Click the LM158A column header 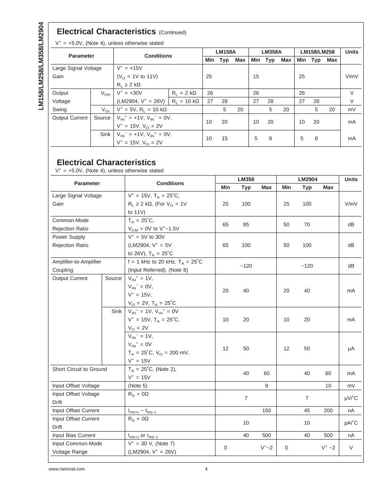pyautogui.click(x=225, y=52)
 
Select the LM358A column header pyautogui.click(x=272, y=52)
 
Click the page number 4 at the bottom pyautogui.click(x=206, y=469)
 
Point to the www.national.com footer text pyautogui.click(x=66, y=469)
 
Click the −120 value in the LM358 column pyautogui.click(x=246, y=266)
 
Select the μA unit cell pyautogui.click(x=351, y=349)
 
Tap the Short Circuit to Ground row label pyautogui.click(x=80, y=369)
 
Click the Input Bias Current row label pyautogui.click(x=73, y=435)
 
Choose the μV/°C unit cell pyautogui.click(x=351, y=398)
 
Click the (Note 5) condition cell pyautogui.click(x=137, y=385)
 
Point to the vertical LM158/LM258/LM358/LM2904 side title pyautogui.click(x=41, y=66)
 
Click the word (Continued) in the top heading pyautogui.click(x=173, y=32)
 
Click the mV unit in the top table pyautogui.click(x=352, y=109)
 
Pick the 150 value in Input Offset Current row pyautogui.click(x=266, y=410)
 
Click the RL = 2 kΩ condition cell pyautogui.click(x=185, y=93)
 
